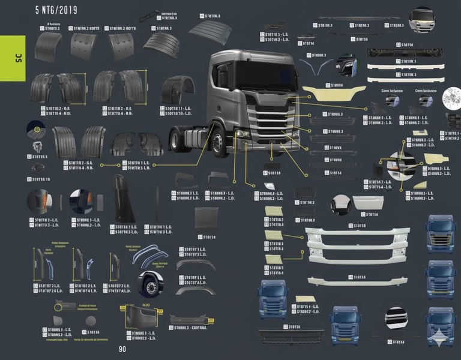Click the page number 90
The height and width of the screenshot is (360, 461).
pyautogui.click(x=122, y=349)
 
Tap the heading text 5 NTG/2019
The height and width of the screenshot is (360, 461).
pyautogui.click(x=56, y=10)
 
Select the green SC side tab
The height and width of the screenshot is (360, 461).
pyautogui.click(x=13, y=58)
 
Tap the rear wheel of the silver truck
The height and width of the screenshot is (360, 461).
pyautogui.click(x=175, y=140)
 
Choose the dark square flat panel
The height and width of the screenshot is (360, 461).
pyautogui.click(x=206, y=218)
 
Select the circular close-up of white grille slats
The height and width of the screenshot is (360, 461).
pyautogui.click(x=396, y=317)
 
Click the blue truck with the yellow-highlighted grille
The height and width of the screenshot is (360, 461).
pyautogui.click(x=441, y=232)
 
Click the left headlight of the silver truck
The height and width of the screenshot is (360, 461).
pyautogui.click(x=243, y=133)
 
